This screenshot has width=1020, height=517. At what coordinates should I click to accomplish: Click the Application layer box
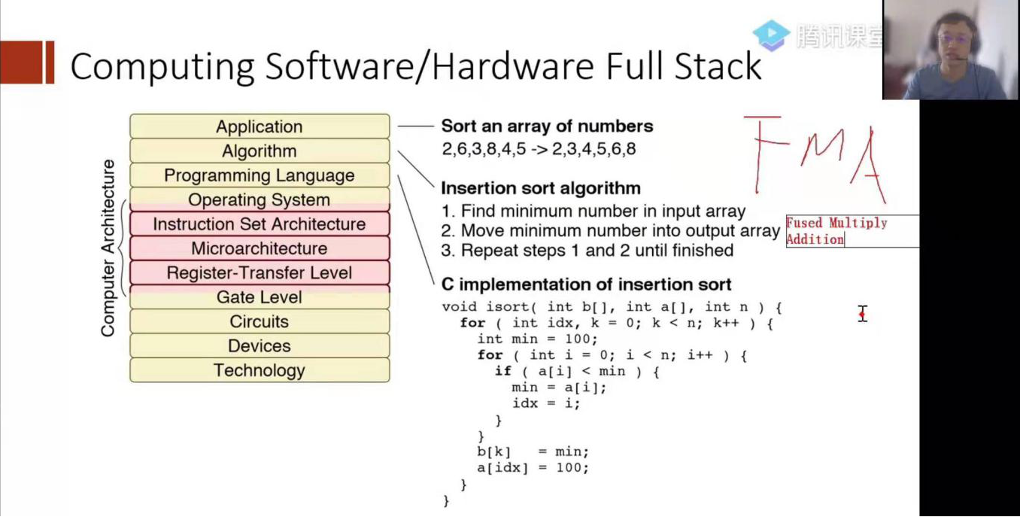click(260, 126)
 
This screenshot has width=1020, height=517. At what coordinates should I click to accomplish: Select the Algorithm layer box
click(260, 151)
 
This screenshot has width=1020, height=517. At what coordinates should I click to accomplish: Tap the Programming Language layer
click(260, 175)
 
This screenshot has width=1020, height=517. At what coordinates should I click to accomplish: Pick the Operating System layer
click(260, 199)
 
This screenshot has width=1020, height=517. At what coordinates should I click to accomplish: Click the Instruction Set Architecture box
click(260, 224)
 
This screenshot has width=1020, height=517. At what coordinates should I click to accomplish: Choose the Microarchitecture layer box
click(260, 248)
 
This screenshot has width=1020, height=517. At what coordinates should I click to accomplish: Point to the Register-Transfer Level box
click(260, 272)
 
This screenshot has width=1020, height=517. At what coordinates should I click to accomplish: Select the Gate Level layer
click(260, 297)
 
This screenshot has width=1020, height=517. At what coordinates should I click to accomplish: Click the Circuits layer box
click(260, 321)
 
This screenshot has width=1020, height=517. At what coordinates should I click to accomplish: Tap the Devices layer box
click(260, 346)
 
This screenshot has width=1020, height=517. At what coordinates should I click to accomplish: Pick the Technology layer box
click(260, 370)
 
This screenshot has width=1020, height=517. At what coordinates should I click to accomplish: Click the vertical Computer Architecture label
click(109, 248)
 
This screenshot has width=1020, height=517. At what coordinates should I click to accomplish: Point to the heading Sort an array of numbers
click(547, 126)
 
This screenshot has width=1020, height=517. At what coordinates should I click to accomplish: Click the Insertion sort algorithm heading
click(541, 187)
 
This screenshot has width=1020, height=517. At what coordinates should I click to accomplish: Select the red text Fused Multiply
click(836, 223)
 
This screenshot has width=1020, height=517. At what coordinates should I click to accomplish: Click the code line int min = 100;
click(537, 339)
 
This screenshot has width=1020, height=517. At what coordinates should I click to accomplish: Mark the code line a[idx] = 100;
click(533, 468)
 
